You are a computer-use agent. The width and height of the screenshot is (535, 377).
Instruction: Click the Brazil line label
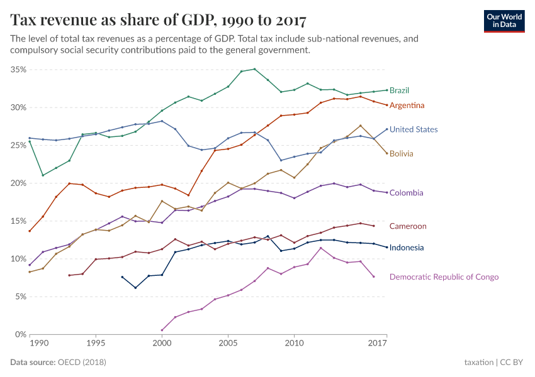pos(400,90)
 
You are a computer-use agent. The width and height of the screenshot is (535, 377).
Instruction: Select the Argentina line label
pos(407,105)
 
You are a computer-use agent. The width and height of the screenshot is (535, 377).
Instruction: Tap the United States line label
pos(414,129)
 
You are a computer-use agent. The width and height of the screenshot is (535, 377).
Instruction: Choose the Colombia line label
pos(406,193)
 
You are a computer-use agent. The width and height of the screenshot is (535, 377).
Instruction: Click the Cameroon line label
pos(408,226)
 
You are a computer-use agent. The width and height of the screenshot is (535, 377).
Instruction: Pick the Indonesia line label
pos(407,248)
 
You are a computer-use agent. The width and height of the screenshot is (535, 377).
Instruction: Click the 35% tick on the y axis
pos(18,70)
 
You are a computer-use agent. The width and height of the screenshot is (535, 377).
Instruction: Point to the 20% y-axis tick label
pos(18,183)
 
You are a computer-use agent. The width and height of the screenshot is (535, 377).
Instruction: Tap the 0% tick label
pos(20,335)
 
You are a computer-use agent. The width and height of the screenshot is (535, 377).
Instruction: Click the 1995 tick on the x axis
pos(96,344)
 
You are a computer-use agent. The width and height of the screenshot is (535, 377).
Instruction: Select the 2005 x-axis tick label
pos(228,344)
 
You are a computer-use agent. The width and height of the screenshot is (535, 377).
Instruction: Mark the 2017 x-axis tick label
pos(378,344)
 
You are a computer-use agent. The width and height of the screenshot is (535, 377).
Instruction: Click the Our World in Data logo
pos(505,20)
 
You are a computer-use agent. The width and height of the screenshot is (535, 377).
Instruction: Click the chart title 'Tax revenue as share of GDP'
pos(158,20)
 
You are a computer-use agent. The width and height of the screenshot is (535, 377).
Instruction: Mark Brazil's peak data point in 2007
pos(254,69)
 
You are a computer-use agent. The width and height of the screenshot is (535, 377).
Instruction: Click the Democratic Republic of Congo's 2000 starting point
pos(162,330)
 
